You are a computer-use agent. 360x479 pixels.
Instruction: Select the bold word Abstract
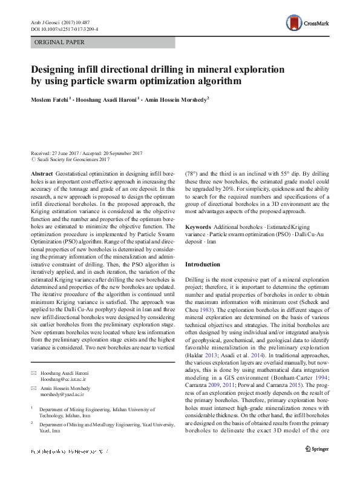[41, 173]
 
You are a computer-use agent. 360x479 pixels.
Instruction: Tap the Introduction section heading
[204, 265]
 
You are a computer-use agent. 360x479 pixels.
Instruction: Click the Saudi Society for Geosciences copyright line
[73, 160]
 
